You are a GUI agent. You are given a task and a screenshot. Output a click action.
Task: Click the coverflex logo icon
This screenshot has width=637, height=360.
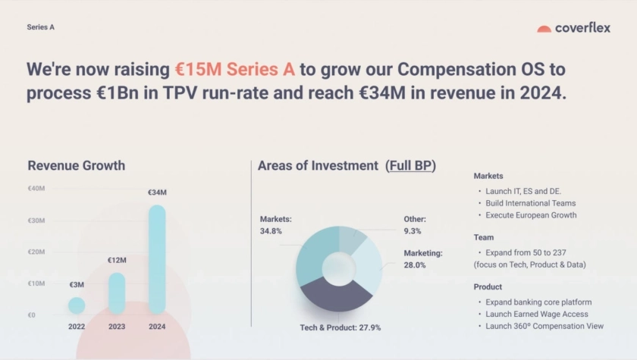coord(544,29)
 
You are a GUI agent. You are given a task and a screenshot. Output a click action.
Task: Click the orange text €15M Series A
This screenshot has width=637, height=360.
coord(235,69)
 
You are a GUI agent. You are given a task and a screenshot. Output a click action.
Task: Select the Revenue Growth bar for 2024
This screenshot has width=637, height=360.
coord(157,259)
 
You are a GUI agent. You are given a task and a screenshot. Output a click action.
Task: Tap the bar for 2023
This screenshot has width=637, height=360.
coord(117,293)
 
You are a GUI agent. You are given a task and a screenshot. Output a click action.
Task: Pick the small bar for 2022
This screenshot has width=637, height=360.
coord(77,305)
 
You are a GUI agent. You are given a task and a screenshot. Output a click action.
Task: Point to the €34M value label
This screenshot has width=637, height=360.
coord(157,193)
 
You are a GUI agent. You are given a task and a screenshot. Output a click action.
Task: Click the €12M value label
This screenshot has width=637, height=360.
coord(117,260)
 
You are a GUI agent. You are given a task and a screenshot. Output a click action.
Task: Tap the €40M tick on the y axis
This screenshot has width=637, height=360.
coord(36,188)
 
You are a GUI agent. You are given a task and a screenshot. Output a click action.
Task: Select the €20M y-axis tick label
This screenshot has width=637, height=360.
coord(36,252)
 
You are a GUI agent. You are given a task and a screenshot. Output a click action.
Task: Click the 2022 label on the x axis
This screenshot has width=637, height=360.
coord(77,327)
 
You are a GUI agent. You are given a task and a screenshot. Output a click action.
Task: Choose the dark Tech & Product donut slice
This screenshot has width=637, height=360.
coord(335,295)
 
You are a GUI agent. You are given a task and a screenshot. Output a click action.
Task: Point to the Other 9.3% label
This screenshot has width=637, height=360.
coord(415,225)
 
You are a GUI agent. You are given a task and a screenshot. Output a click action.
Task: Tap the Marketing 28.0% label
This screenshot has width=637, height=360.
coord(423,259)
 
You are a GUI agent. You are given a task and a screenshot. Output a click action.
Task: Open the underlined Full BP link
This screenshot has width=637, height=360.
coord(410,165)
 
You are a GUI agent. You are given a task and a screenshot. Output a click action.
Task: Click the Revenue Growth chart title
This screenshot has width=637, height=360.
coord(77,165)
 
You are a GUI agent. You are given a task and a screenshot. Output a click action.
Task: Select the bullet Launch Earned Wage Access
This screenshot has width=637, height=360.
coord(537,314)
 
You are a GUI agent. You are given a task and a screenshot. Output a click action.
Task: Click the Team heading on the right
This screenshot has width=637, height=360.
coord(484,237)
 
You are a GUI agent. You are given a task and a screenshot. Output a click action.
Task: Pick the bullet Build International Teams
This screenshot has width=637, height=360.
coord(531,203)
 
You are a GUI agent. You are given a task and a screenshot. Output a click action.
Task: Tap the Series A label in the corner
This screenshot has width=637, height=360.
coord(41,27)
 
